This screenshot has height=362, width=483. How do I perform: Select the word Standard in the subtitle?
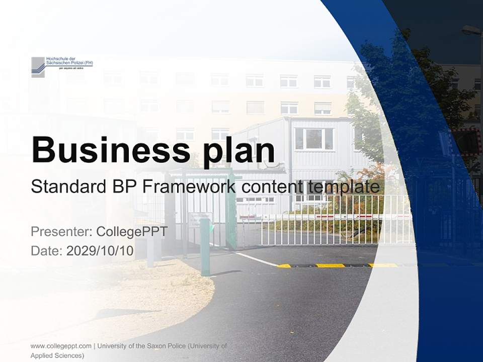point(66,187)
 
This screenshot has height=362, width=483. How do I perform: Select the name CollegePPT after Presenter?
point(131,232)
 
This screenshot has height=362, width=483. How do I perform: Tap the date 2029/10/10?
point(100,251)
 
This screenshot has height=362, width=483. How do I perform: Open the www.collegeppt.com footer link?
point(61,346)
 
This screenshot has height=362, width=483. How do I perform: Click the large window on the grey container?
point(314,138)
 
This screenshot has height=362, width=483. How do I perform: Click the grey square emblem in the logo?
point(38,67)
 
